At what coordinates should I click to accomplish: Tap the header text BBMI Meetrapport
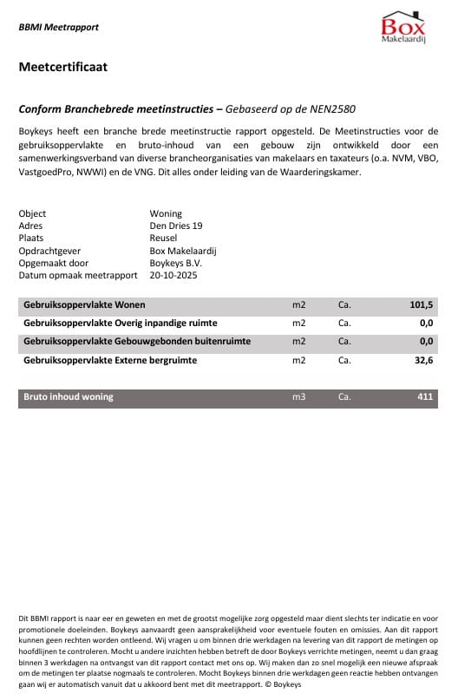(x=58, y=27)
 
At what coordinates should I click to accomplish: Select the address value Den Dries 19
(x=176, y=226)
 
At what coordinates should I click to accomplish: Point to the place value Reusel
(x=163, y=238)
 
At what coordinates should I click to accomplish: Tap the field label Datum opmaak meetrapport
(x=78, y=276)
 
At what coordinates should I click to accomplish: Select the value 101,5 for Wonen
(x=421, y=305)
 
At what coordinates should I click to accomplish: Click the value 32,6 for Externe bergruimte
(x=423, y=360)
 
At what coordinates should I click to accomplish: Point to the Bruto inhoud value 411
(x=425, y=397)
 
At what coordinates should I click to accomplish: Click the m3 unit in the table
(x=299, y=397)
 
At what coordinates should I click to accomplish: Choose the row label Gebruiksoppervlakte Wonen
(x=84, y=305)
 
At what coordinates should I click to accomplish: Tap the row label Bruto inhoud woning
(x=69, y=397)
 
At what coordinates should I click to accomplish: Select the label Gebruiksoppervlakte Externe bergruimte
(x=110, y=360)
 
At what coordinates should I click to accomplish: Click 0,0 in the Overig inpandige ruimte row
(x=425, y=324)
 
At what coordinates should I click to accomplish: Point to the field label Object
(x=32, y=213)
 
